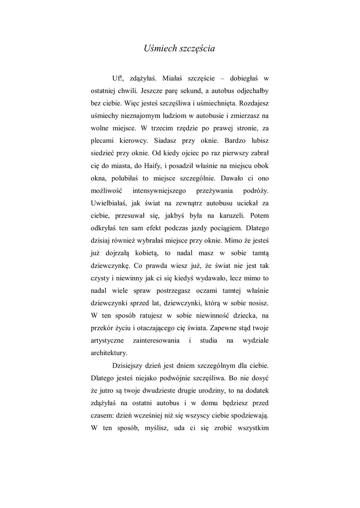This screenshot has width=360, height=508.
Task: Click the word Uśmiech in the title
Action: click(157, 49)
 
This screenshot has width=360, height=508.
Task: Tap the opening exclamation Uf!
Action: click(118, 78)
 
